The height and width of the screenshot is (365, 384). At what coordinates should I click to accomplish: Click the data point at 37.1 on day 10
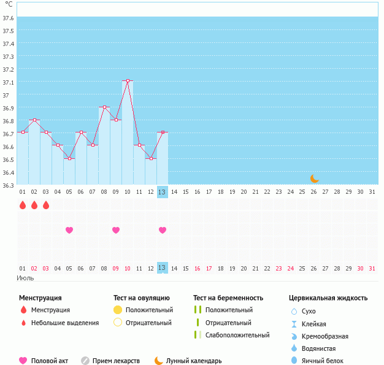pyautogui.click(x=128, y=81)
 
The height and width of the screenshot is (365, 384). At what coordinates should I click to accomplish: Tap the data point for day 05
pyautogui.click(x=69, y=159)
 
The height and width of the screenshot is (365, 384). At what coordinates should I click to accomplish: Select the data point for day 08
pyautogui.click(x=104, y=107)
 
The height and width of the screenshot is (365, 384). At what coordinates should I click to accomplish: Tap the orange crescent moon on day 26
pyautogui.click(x=314, y=178)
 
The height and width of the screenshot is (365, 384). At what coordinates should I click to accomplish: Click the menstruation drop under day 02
pyautogui.click(x=34, y=205)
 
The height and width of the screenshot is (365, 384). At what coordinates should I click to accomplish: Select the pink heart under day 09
pyautogui.click(x=116, y=230)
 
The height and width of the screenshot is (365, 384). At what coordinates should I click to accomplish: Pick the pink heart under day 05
pyautogui.click(x=69, y=230)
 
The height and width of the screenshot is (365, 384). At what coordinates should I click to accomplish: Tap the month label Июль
pyautogui.click(x=25, y=279)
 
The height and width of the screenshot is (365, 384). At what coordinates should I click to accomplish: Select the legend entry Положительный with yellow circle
pyautogui.click(x=144, y=310)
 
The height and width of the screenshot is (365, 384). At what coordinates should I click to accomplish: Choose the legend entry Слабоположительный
pyautogui.click(x=233, y=336)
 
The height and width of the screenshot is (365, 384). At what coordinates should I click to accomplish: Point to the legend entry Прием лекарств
pyautogui.click(x=111, y=361)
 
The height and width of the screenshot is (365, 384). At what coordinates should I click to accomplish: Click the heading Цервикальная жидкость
pyautogui.click(x=328, y=298)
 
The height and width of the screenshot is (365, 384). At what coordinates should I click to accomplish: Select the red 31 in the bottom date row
pyautogui.click(x=372, y=268)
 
